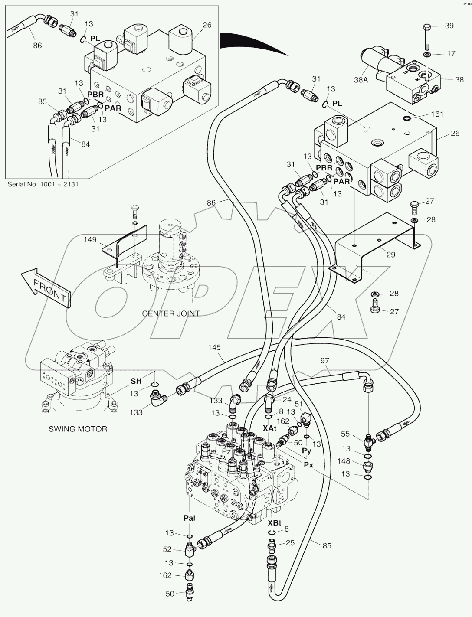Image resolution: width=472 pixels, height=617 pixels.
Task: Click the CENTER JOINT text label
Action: pyautogui.click(x=170, y=313)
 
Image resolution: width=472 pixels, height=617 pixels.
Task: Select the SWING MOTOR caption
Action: pyautogui.click(x=78, y=429)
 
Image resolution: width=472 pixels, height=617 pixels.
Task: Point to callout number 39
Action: pyautogui.click(x=449, y=26)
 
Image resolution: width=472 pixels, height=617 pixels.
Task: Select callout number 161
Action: pyautogui.click(x=437, y=114)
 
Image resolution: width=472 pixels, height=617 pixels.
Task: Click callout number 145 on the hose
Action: pyautogui.click(x=214, y=347)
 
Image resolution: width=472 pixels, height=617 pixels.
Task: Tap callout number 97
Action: pyautogui.click(x=324, y=361)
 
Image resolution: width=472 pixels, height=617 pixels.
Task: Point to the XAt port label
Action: pyautogui.click(x=270, y=428)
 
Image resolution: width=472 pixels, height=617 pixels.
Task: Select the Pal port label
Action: pyautogui.click(x=190, y=518)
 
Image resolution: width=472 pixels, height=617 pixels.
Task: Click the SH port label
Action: pyautogui.click(x=136, y=381)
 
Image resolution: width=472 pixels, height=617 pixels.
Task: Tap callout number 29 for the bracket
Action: pyautogui.click(x=390, y=255)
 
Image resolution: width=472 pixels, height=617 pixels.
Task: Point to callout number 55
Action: pyautogui.click(x=345, y=434)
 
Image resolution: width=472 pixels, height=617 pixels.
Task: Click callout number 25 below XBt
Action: pyautogui.click(x=290, y=542)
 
